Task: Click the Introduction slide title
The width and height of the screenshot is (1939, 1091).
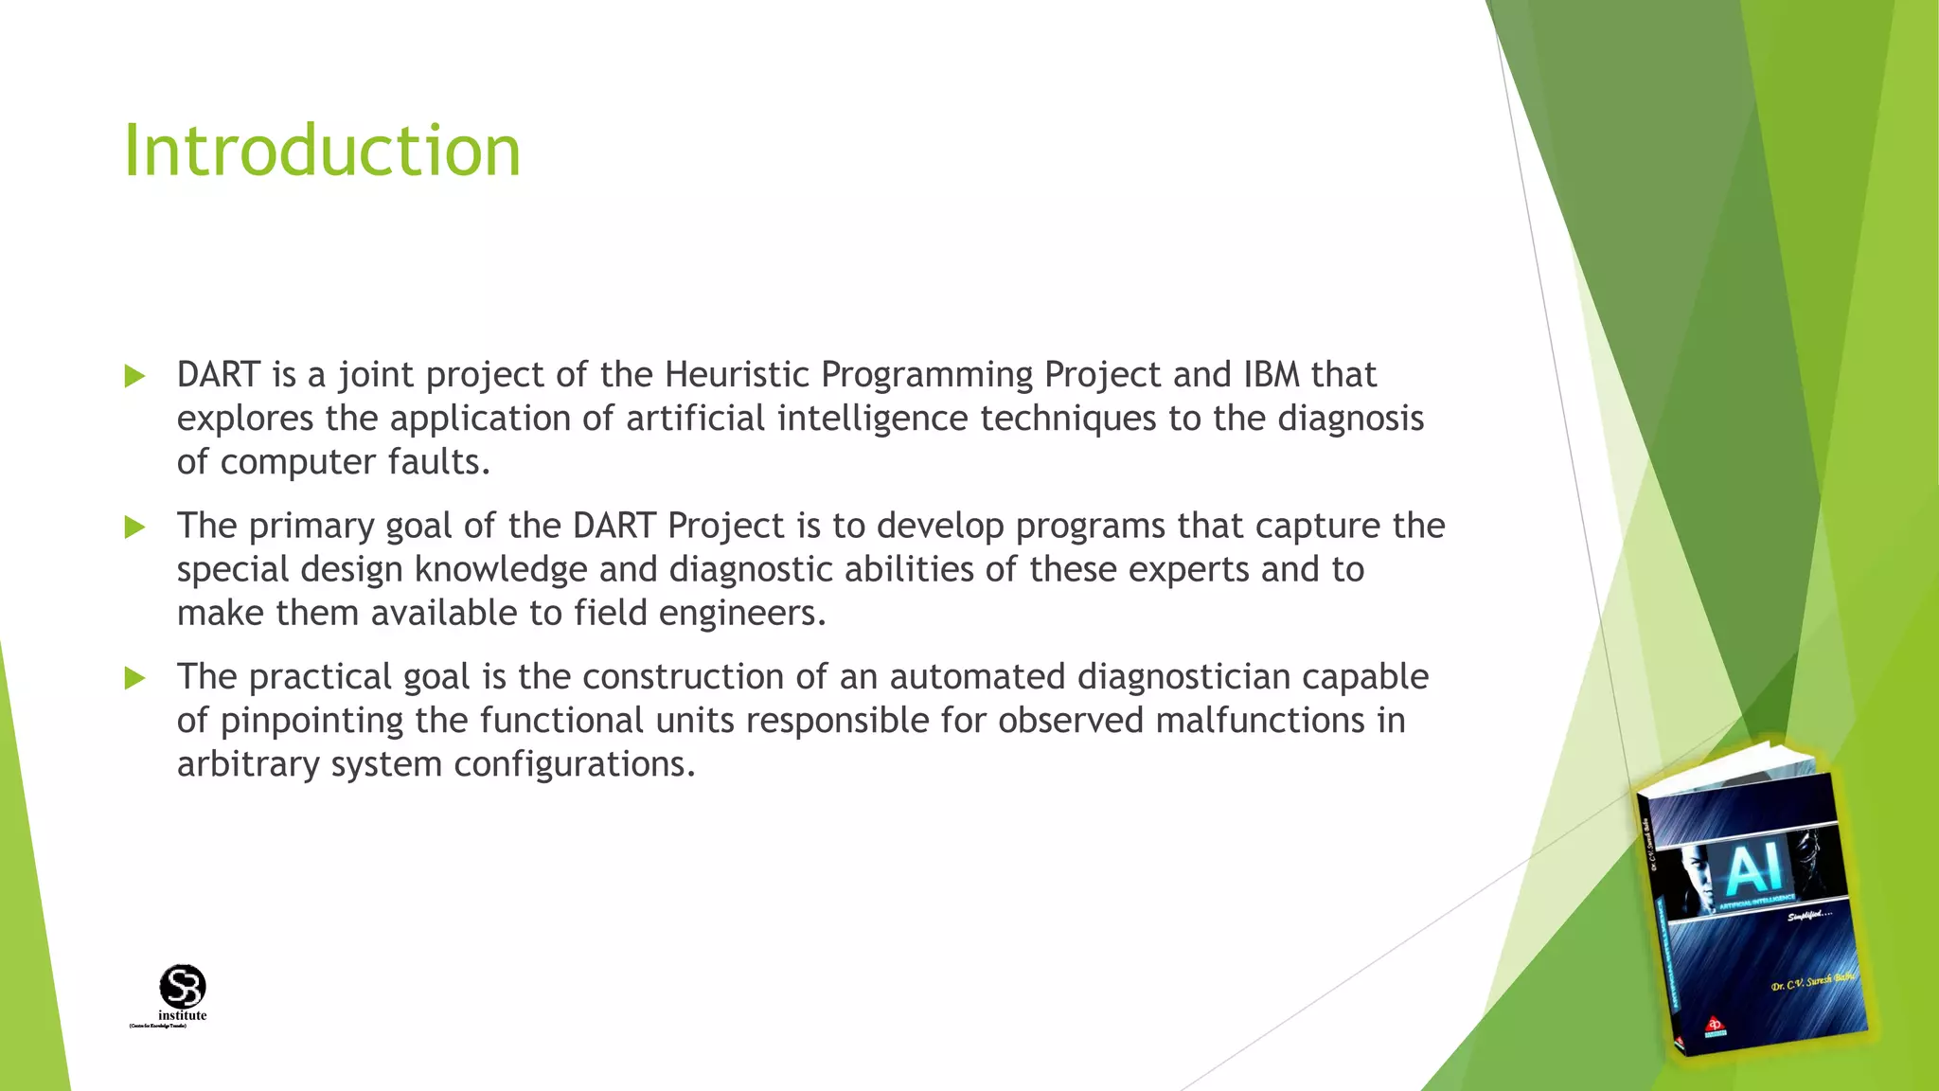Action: pyautogui.click(x=322, y=152)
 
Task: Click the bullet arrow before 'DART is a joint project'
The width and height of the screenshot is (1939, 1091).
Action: pyautogui.click(x=134, y=377)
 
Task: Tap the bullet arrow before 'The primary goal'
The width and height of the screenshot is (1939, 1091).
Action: pyautogui.click(x=134, y=528)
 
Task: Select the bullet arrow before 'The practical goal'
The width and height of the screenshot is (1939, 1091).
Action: pyautogui.click(x=134, y=678)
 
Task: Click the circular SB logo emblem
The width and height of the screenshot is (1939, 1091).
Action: pyautogui.click(x=183, y=987)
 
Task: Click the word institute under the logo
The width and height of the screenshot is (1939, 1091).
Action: pyautogui.click(x=182, y=1016)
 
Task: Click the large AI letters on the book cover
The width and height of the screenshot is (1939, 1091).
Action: pyautogui.click(x=1753, y=869)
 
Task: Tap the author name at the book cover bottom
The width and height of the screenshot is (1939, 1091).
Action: pyautogui.click(x=1811, y=982)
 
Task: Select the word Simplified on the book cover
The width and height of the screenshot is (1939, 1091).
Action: pyautogui.click(x=1808, y=915)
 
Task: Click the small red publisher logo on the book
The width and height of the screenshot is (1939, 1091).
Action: pyautogui.click(x=1714, y=1026)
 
